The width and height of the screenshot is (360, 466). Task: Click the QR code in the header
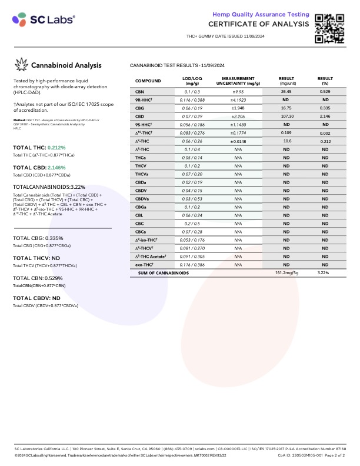tap(329, 27)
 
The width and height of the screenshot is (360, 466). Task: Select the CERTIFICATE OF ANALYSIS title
tap(258, 24)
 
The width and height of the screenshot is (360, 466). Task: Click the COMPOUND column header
tap(148, 81)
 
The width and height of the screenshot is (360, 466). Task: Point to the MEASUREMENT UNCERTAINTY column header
tap(238, 81)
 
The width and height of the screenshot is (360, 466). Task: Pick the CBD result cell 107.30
tap(286, 116)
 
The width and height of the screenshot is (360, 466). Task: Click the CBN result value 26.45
tap(286, 92)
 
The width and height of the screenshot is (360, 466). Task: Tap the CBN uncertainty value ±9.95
tap(238, 92)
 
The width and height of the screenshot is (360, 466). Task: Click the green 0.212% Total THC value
tap(56, 148)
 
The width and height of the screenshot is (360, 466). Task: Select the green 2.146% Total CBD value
tap(56, 168)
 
